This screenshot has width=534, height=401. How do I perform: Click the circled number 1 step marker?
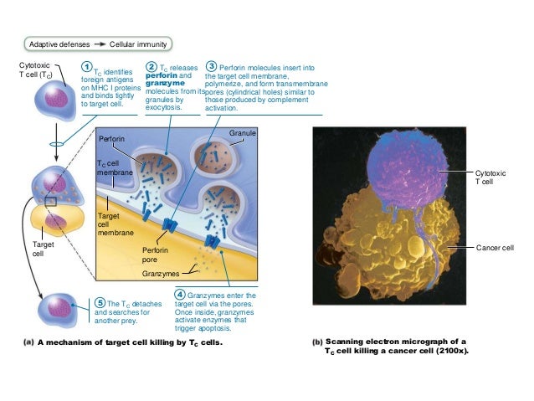(x=86, y=67)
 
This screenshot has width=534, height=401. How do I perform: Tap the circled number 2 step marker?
(x=151, y=67)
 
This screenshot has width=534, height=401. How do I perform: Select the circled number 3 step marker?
(x=212, y=66)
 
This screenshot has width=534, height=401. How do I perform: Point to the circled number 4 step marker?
(x=180, y=295)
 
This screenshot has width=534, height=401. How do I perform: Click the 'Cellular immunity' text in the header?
(x=139, y=44)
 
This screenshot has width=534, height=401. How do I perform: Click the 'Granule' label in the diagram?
(x=243, y=133)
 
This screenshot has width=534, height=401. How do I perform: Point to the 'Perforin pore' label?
(x=156, y=254)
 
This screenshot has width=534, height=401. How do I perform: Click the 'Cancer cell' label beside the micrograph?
(x=495, y=249)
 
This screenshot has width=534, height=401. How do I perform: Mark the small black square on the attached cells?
(x=52, y=202)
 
